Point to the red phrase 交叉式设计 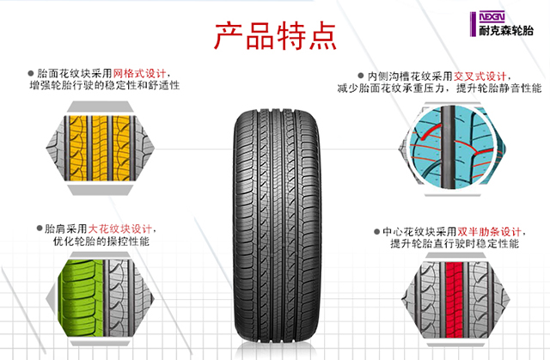477,76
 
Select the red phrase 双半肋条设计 490,232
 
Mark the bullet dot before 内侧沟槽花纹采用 360,76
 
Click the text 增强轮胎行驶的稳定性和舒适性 104,87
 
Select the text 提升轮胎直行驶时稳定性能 454,245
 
